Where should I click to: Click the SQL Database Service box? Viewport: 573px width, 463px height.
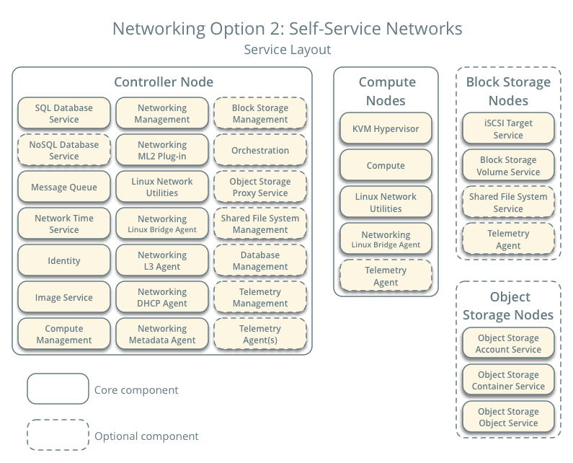click(64, 114)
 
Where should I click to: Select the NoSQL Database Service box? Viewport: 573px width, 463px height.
click(64, 151)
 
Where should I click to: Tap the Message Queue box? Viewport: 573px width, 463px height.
click(64, 188)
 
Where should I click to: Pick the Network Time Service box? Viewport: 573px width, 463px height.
click(64, 224)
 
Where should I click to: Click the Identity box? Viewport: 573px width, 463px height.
click(64, 261)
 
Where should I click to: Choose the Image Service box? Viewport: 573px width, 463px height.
click(64, 298)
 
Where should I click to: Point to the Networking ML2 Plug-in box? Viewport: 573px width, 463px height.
click(162, 151)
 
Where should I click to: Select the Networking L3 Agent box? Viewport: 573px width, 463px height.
click(162, 261)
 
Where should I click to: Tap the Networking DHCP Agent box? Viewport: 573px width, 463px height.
click(162, 298)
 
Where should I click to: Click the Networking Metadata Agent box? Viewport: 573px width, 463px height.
click(162, 335)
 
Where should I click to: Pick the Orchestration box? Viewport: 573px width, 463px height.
click(260, 151)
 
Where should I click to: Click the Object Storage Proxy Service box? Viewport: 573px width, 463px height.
click(260, 188)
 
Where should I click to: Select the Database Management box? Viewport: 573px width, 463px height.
click(260, 261)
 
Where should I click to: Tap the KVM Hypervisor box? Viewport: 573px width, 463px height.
click(386, 129)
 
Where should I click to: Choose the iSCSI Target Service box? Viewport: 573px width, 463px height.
click(508, 129)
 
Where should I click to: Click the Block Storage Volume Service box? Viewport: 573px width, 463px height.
click(508, 166)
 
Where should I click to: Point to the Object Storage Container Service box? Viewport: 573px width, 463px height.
click(508, 381)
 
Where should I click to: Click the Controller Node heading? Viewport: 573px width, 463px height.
click(164, 82)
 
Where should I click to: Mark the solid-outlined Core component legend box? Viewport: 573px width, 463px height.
click(58, 389)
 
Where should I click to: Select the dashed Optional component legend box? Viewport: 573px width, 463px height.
click(58, 436)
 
